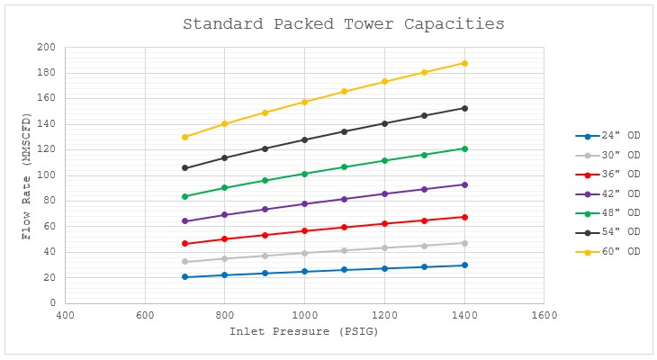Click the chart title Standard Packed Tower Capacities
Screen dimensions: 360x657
point(344,23)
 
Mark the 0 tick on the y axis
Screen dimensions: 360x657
point(51,303)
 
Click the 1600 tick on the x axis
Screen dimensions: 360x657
point(544,316)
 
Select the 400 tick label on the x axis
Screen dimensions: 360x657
point(65,316)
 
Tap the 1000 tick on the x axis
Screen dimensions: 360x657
point(304,316)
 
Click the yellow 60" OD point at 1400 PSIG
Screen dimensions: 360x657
point(464,63)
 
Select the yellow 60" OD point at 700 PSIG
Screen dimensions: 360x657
point(184,137)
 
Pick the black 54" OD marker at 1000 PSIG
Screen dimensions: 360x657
point(304,139)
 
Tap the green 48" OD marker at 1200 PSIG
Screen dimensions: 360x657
point(384,160)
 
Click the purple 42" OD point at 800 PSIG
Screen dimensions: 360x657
point(224,214)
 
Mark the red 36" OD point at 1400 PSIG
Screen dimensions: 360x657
point(464,217)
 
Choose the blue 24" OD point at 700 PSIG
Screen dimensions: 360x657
point(184,276)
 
